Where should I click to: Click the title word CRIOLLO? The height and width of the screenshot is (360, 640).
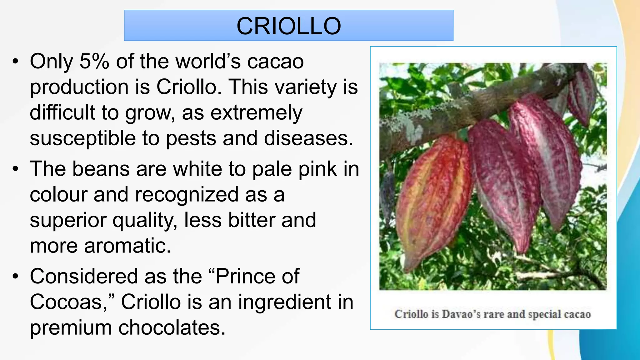click(288, 26)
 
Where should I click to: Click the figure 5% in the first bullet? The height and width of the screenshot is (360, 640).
click(94, 61)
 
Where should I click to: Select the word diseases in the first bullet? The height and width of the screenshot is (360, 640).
click(308, 138)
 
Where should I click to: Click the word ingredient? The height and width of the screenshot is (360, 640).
click(296, 302)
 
